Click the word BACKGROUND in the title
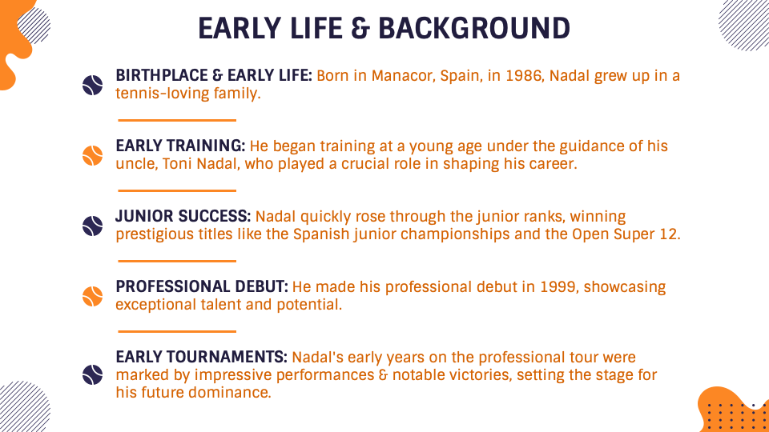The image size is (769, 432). coord(473,29)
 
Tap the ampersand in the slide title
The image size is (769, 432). coord(360,29)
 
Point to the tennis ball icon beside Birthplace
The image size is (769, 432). coord(93,86)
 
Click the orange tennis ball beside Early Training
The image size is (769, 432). coord(93,156)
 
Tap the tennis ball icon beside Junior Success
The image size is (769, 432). coord(93,226)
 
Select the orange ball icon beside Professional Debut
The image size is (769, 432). coord(93,297)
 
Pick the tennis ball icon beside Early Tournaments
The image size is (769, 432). coord(93,374)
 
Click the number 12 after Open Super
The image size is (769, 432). coord(669,234)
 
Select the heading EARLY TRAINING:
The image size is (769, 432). coord(180,146)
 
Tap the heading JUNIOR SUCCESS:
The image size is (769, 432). coord(183,217)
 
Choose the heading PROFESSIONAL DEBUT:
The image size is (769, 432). coord(202,287)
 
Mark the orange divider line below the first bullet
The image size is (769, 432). coord(177,120)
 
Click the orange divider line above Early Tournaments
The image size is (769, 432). coord(177,331)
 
